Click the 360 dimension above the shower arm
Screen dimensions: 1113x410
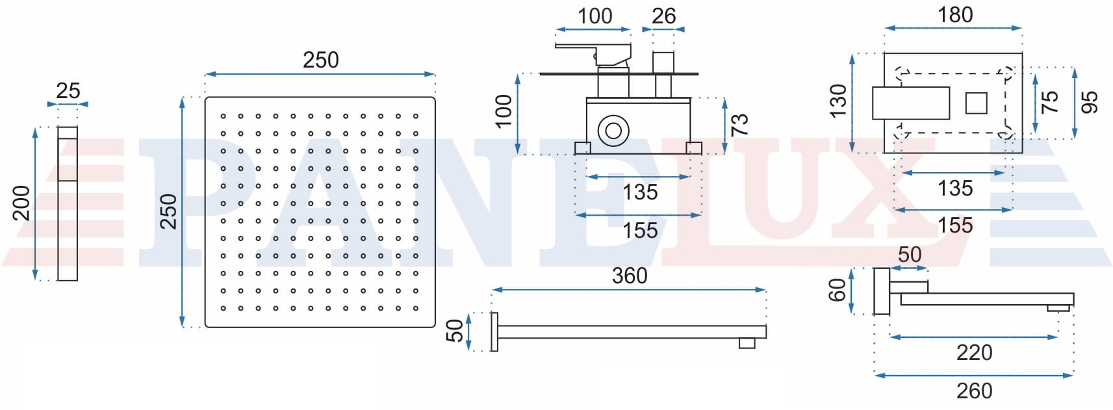(x=630, y=275)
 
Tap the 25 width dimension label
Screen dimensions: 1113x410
(x=68, y=91)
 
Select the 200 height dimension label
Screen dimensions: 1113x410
(x=21, y=203)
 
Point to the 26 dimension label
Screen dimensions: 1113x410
(x=664, y=16)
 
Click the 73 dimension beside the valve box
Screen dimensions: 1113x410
(x=740, y=124)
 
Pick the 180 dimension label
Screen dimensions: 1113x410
(x=955, y=15)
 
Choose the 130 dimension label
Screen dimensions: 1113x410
(x=838, y=101)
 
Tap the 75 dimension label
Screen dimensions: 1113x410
(x=1049, y=102)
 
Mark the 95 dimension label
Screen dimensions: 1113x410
(x=1089, y=102)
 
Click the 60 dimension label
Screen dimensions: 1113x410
(x=838, y=290)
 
